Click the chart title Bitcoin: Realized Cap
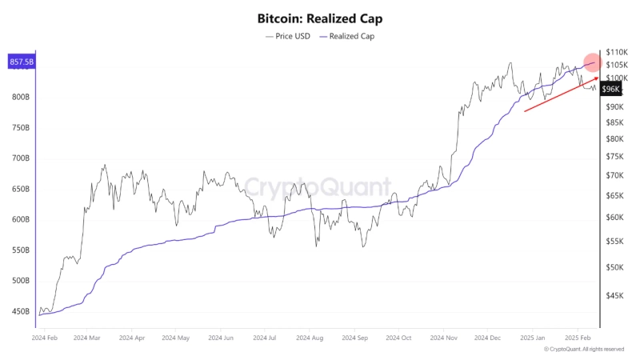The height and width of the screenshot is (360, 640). pos(320,17)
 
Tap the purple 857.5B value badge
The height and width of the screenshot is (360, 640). pos(21,62)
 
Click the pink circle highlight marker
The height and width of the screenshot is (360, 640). pos(593,62)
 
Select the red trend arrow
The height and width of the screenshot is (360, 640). pos(560,94)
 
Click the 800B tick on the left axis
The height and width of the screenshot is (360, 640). pos(22,97)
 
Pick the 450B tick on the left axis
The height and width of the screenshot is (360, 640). pos(22,312)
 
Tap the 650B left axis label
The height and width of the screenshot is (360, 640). pos(22,189)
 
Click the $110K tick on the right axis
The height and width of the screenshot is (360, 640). pos(618,52)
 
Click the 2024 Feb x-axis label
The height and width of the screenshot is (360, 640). pos(45,338)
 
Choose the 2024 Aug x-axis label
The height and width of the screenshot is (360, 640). pos(310,338)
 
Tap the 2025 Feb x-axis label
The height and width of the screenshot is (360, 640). pos(578,338)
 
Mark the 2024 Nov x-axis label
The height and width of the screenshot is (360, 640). pos(443,338)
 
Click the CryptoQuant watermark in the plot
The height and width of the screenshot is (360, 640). pos(318,187)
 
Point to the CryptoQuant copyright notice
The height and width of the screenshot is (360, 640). pos(584,350)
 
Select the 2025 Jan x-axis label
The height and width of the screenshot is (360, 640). pos(534,338)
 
